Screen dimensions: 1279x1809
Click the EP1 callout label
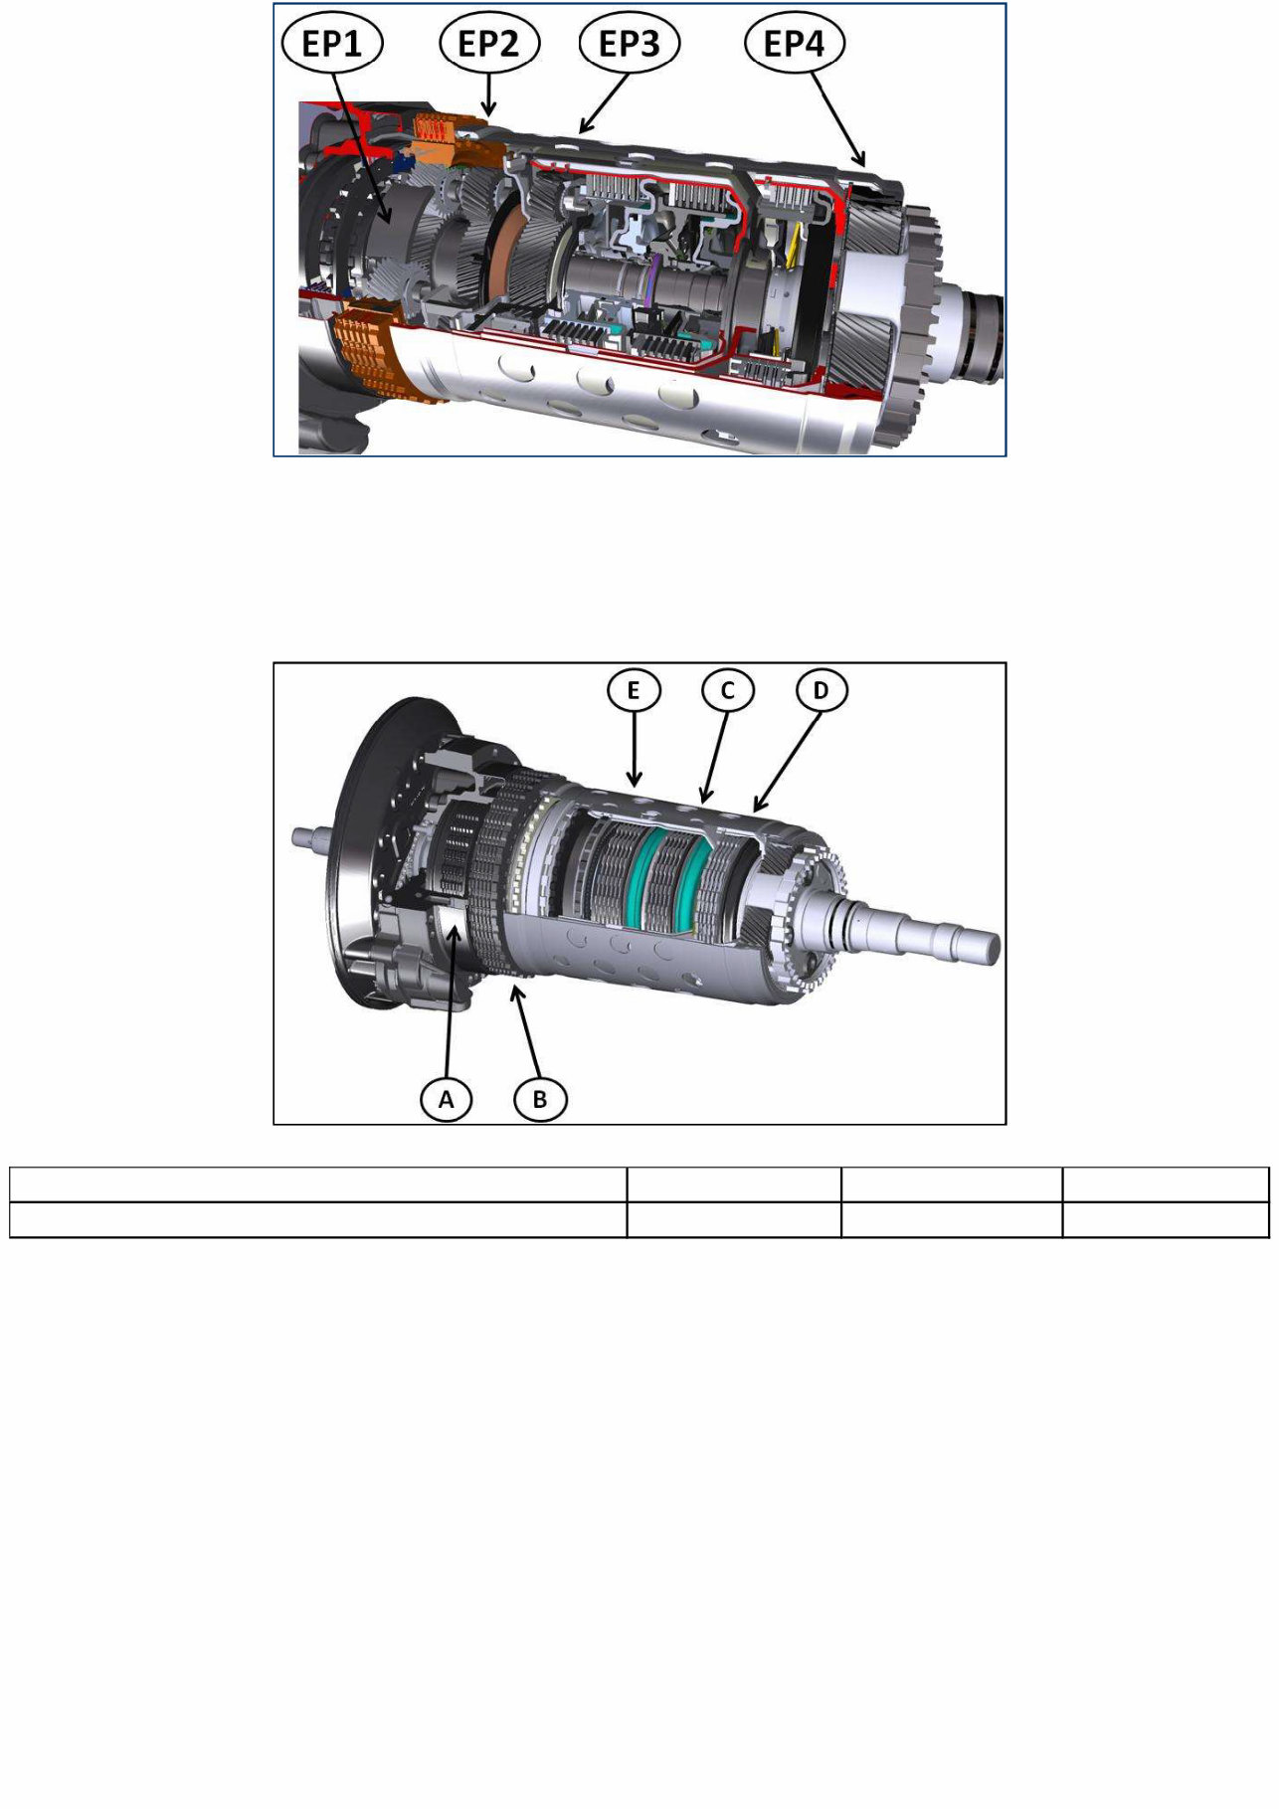332,44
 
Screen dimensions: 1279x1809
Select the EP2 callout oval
489,44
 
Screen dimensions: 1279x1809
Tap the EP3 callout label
630,44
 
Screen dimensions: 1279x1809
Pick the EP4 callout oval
795,44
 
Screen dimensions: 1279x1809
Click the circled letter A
446,1099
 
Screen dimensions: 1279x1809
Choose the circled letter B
540,1099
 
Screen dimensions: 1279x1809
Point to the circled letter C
727,690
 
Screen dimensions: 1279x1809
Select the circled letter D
821,690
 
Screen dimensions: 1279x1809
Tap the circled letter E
635,690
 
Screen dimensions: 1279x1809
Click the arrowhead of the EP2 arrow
487,111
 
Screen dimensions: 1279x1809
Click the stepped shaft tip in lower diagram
975,943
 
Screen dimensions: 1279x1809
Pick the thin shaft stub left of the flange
309,836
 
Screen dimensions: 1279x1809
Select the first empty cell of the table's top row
317,1184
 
